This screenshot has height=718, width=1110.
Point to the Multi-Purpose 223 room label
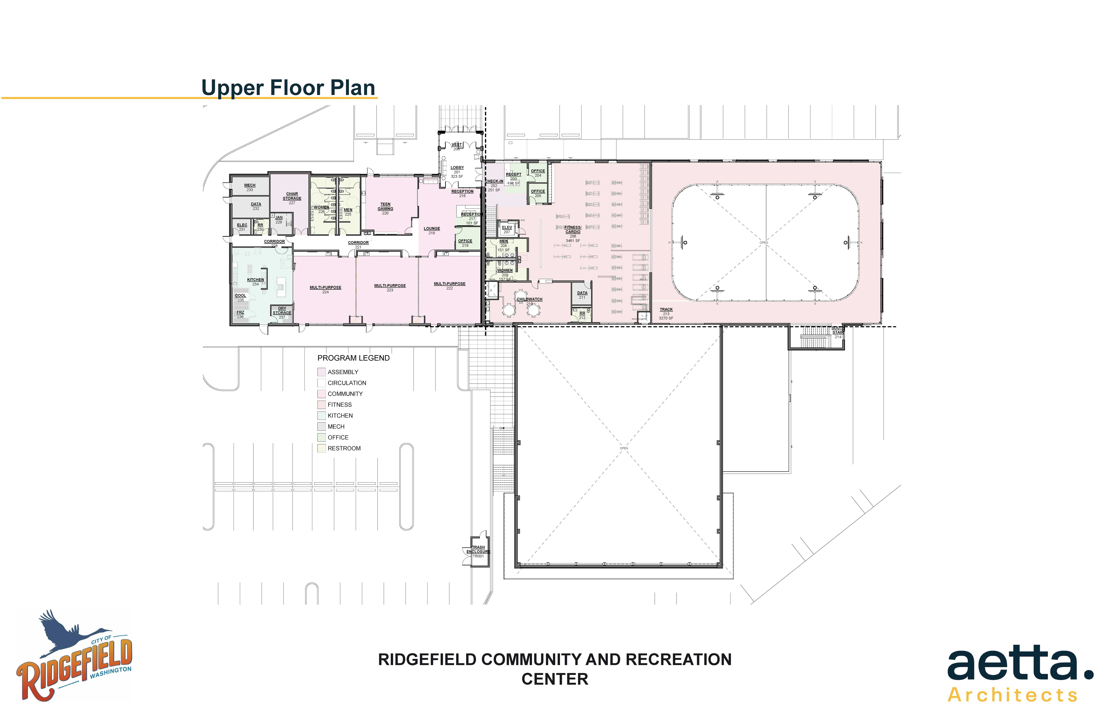[390, 288]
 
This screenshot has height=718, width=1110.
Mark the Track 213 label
[666, 313]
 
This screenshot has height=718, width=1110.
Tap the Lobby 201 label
[457, 172]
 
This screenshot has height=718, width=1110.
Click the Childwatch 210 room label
[529, 301]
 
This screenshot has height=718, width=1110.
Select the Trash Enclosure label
[478, 551]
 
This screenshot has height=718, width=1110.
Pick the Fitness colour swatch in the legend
[321, 405]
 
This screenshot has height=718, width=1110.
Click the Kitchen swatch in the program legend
[321, 415]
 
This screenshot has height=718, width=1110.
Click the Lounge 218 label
[432, 230]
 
